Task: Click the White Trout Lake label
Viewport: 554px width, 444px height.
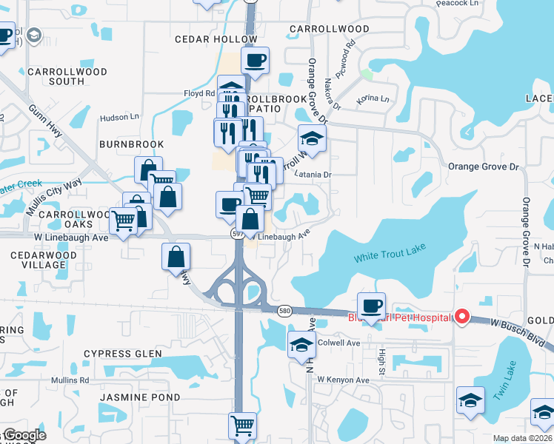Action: (390, 257)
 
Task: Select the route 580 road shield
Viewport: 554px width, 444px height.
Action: (284, 311)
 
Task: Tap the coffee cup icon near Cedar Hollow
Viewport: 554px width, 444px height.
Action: (255, 61)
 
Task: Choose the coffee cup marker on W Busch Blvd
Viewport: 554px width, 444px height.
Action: (371, 305)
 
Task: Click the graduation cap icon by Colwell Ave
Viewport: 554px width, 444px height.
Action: (301, 345)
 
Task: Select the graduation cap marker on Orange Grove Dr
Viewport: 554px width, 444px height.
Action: (313, 138)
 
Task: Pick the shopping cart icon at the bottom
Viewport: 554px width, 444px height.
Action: (242, 425)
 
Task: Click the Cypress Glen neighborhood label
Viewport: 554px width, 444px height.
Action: (122, 354)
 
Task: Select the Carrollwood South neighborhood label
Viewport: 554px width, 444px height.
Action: (67, 76)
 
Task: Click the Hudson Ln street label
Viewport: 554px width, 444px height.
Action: (119, 117)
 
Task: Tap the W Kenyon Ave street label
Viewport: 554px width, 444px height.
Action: (343, 380)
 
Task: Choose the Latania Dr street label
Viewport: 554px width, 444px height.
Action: (316, 175)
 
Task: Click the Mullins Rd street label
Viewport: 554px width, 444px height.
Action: (70, 380)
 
